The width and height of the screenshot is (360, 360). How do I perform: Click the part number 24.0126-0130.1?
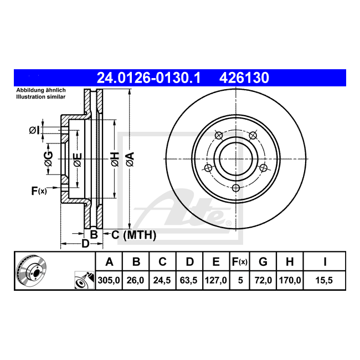pyautogui.click(x=148, y=78)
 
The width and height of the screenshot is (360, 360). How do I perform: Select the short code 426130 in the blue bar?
pyautogui.click(x=244, y=78)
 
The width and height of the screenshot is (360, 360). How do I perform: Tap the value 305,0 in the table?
pyautogui.click(x=109, y=280)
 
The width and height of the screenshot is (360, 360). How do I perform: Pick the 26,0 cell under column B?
pyautogui.click(x=136, y=280)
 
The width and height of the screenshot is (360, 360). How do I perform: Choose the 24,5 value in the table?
pyautogui.click(x=162, y=280)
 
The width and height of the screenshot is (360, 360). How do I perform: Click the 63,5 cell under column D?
pyautogui.click(x=189, y=280)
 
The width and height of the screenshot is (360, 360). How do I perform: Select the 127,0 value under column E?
pyautogui.click(x=216, y=280)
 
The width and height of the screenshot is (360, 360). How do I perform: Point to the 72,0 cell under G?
pyautogui.click(x=263, y=280)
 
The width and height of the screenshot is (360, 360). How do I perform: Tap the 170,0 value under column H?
pyautogui.click(x=290, y=280)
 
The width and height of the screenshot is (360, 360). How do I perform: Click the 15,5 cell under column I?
pyautogui.click(x=324, y=280)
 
